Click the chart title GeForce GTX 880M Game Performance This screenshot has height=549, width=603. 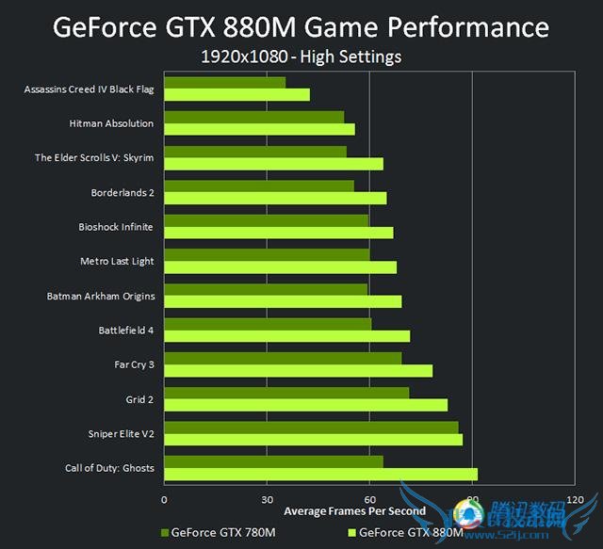coord(301,25)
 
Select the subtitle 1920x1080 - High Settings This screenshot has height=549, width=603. coord(301,57)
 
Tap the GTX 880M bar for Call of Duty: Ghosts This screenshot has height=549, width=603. coord(320,474)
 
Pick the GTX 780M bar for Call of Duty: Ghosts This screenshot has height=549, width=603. coord(273,461)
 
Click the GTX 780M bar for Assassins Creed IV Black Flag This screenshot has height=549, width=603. coord(224,83)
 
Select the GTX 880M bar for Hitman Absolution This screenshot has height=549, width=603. coord(259,129)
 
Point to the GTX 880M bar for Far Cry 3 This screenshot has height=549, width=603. coord(298,370)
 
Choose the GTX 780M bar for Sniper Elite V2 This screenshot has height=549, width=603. coord(311,428)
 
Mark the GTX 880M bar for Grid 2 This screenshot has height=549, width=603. coord(305,405)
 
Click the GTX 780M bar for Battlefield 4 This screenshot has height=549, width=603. coord(268,324)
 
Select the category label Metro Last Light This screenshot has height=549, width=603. coord(117,261)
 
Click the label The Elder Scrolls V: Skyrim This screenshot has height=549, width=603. coord(94,157)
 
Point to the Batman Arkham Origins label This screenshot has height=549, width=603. coord(101,296)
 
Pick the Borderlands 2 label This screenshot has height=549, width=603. coord(122,192)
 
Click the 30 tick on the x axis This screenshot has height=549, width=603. coord(267,499)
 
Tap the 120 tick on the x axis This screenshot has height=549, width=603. coord(574,499)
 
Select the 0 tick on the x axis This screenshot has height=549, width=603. coord(165,499)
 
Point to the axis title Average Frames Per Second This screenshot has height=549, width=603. coord(354,511)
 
